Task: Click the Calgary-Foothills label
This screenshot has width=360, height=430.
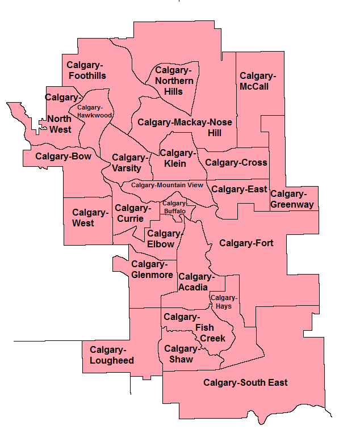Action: pyautogui.click(x=86, y=70)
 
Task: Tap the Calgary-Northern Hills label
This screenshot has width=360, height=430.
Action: pyautogui.click(x=174, y=81)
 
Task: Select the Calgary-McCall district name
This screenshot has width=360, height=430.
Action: pyautogui.click(x=258, y=81)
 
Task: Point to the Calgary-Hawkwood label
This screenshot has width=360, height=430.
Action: pyautogui.click(x=95, y=111)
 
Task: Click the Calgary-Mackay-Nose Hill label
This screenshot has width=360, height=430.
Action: pyautogui.click(x=185, y=127)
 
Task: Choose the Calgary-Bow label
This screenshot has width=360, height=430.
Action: pyautogui.click(x=63, y=157)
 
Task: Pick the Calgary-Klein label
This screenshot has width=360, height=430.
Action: pyautogui.click(x=177, y=158)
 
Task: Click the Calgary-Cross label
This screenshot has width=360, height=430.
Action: pyautogui.click(x=236, y=162)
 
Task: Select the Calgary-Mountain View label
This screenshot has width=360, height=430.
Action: pyautogui.click(x=167, y=184)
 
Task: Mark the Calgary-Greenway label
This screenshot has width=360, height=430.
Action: pyautogui.click(x=292, y=199)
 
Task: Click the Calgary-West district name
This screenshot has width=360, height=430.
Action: pyautogui.click(x=90, y=218)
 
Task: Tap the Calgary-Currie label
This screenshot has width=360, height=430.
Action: pyautogui.click(x=133, y=213)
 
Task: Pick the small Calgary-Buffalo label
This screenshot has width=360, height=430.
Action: pyautogui.click(x=174, y=207)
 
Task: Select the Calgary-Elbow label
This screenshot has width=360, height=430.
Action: pyautogui.click(x=164, y=239)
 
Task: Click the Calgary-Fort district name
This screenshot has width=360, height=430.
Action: pyautogui.click(x=246, y=243)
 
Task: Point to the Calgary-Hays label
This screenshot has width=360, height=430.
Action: pyautogui.click(x=223, y=302)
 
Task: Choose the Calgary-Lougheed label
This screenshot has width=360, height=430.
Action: pyautogui.click(x=112, y=355)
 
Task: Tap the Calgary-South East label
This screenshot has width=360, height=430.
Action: pyautogui.click(x=245, y=383)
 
